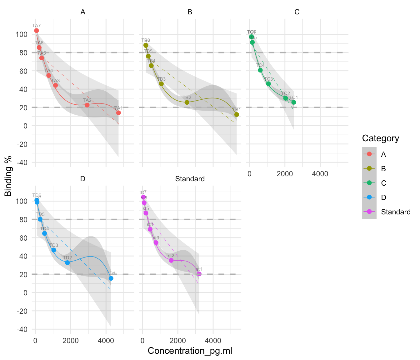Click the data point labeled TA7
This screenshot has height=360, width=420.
point(37,31)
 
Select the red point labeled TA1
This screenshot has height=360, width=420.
point(118,113)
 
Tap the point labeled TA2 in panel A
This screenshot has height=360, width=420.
point(87,105)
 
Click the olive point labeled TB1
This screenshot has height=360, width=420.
point(237,114)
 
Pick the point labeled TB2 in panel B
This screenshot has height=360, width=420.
point(187,102)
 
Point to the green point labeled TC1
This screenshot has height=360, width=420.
point(294,102)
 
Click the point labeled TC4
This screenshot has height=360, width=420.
point(260,70)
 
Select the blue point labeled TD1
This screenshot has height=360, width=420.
point(111,278)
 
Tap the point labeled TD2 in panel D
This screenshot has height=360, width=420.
point(67,262)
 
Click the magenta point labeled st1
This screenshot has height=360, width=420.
point(199,274)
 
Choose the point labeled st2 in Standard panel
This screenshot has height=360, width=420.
point(171,260)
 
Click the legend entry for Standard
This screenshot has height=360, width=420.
point(396,212)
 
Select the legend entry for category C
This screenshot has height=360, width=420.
point(384,183)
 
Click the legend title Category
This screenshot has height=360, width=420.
point(380,138)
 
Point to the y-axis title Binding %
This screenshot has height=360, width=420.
point(8,181)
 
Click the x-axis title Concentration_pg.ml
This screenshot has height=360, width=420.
point(190,351)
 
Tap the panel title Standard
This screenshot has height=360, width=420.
point(190,179)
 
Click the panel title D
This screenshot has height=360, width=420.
point(83,179)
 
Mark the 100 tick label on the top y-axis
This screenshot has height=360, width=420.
point(21,34)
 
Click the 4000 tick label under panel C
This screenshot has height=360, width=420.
point(320,174)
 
